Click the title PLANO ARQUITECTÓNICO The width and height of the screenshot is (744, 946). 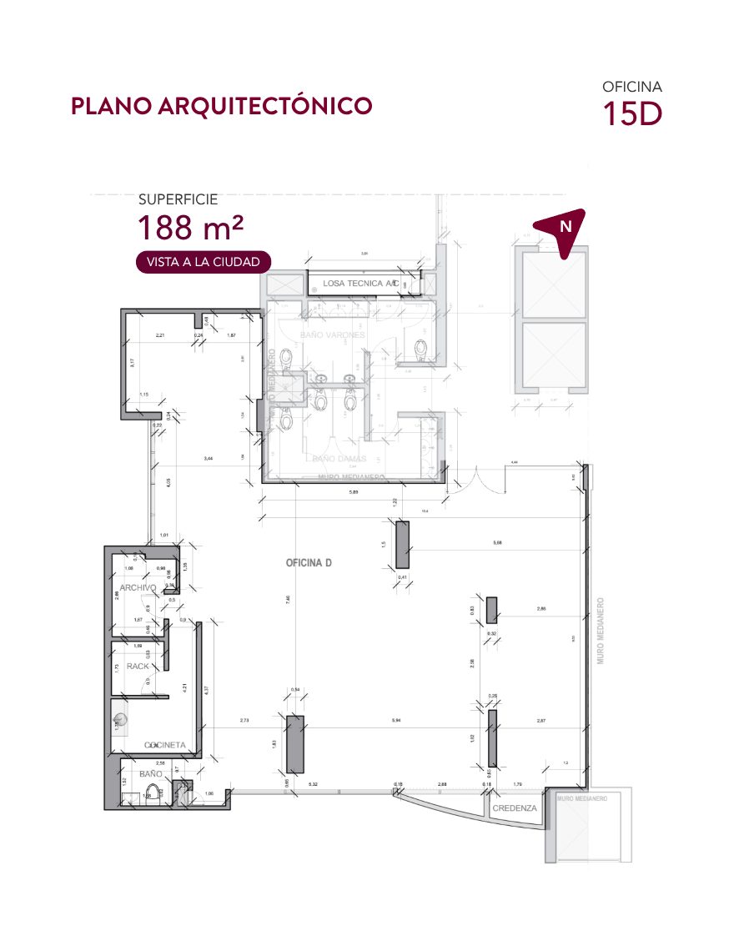click(221, 107)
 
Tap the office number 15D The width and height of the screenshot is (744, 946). click(632, 113)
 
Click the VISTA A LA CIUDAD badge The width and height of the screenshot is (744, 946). click(204, 262)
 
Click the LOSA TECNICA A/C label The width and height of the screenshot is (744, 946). click(360, 284)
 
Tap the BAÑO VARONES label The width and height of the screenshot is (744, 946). click(332, 335)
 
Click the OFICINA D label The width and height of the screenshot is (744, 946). click(309, 563)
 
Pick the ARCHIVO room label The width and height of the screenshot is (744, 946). click(138, 588)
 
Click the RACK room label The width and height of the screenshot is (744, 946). click(138, 667)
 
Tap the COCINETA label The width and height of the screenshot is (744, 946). click(164, 745)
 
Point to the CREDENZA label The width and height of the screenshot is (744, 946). click(514, 809)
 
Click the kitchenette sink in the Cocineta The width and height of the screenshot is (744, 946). click(121, 718)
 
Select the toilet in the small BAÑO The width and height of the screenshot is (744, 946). click(177, 791)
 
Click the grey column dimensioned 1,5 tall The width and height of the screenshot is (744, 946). click(402, 545)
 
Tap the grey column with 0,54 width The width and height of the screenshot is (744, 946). click(294, 743)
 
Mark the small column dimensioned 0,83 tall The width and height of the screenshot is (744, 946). click(492, 610)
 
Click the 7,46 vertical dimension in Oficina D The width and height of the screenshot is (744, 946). click(288, 600)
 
